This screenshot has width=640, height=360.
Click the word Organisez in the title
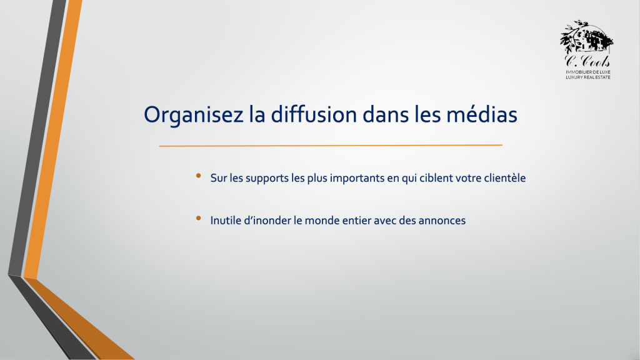click(x=194, y=115)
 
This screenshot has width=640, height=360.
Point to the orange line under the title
click(x=331, y=145)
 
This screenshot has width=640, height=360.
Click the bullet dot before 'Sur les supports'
click(x=198, y=176)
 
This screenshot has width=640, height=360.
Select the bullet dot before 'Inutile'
click(x=198, y=218)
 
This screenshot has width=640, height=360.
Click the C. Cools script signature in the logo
click(x=587, y=61)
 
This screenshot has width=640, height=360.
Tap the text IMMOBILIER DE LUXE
click(x=587, y=72)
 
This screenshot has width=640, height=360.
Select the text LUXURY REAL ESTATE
click(x=587, y=77)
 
